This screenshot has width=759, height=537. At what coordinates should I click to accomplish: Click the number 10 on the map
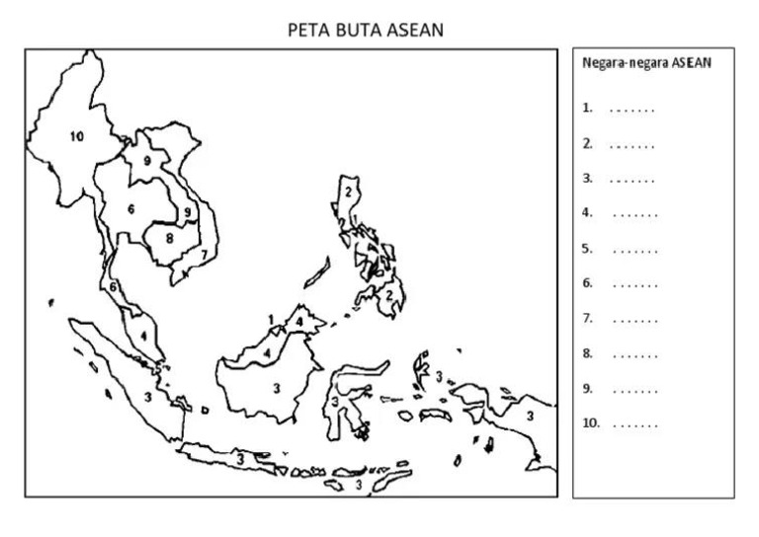(x=77, y=137)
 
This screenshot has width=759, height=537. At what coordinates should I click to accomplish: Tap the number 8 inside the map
(x=169, y=238)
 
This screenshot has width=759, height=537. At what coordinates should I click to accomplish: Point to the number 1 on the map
(x=270, y=319)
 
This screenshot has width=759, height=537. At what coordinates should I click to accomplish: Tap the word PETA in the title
(x=302, y=31)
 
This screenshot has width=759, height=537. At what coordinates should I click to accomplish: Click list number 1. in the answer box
(x=587, y=109)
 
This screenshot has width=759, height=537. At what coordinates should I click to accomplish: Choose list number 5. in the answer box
(x=587, y=249)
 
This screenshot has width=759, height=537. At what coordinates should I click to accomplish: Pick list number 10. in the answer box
(x=590, y=423)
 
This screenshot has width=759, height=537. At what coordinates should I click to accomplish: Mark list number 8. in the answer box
(x=587, y=353)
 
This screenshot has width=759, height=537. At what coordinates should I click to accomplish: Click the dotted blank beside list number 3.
(x=632, y=180)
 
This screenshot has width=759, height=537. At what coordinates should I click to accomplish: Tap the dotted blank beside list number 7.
(x=633, y=319)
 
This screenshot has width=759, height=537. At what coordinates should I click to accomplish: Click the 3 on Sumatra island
(x=147, y=397)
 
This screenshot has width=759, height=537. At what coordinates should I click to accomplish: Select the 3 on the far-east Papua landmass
(x=529, y=416)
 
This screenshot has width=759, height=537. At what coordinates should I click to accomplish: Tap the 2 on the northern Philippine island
(x=348, y=192)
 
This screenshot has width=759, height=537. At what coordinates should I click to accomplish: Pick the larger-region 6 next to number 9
(x=130, y=209)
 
